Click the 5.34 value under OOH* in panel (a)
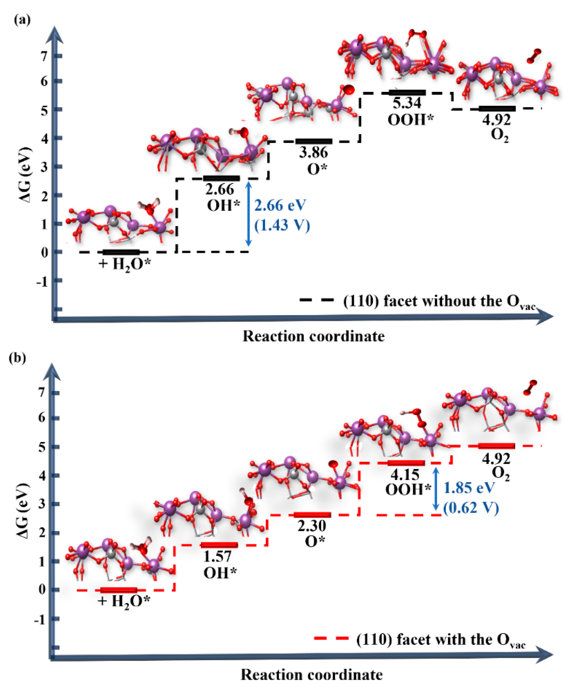(407, 103)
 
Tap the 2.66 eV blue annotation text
(280, 205)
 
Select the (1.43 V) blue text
(282, 225)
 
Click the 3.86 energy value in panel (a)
(313, 152)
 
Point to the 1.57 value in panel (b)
(217, 556)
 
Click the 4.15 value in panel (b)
(405, 474)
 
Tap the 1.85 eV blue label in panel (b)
(469, 488)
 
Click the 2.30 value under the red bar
(312, 526)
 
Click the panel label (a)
(22, 20)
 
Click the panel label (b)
(17, 357)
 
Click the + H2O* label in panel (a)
(125, 264)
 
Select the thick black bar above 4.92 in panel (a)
(497, 109)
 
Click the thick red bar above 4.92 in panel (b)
(496, 446)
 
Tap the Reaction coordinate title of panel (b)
(312, 675)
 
